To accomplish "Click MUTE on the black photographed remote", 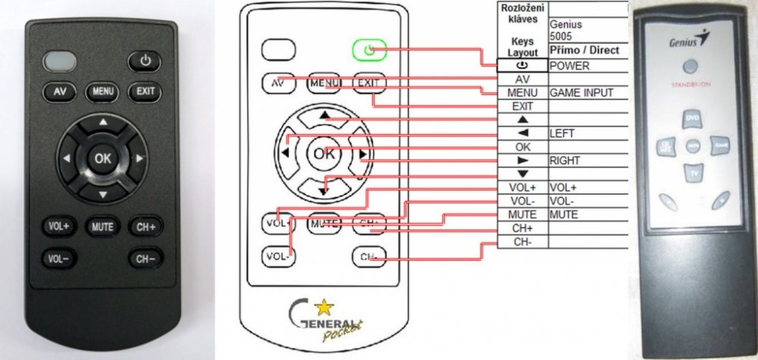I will (102, 226).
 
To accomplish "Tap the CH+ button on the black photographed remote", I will (146, 226).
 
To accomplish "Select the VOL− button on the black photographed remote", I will (58, 258).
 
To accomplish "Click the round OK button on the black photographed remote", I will (102, 158).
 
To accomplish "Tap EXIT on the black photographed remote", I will (144, 92).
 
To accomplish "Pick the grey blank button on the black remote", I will (59, 60).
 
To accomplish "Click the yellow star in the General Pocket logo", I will (324, 307).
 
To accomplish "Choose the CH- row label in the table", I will (522, 242).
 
